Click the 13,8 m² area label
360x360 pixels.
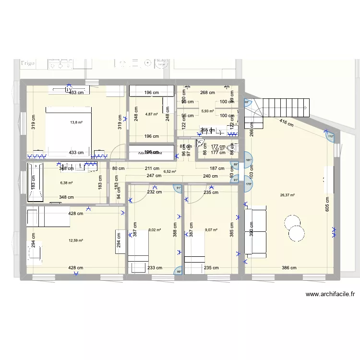[x=76, y=122]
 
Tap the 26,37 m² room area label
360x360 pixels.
[x=288, y=195]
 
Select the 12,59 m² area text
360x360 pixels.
[x=76, y=240]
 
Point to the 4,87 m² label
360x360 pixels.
[x=152, y=114]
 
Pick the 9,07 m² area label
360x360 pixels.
[x=211, y=230]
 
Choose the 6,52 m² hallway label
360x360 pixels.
[x=169, y=171]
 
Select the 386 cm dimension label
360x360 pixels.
[x=289, y=268]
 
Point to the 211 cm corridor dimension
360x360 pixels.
[x=152, y=168]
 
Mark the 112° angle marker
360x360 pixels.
[x=330, y=136]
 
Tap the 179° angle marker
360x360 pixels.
[x=249, y=183]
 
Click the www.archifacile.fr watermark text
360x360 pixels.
[x=330, y=295]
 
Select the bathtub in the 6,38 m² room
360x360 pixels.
[x=36, y=183]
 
